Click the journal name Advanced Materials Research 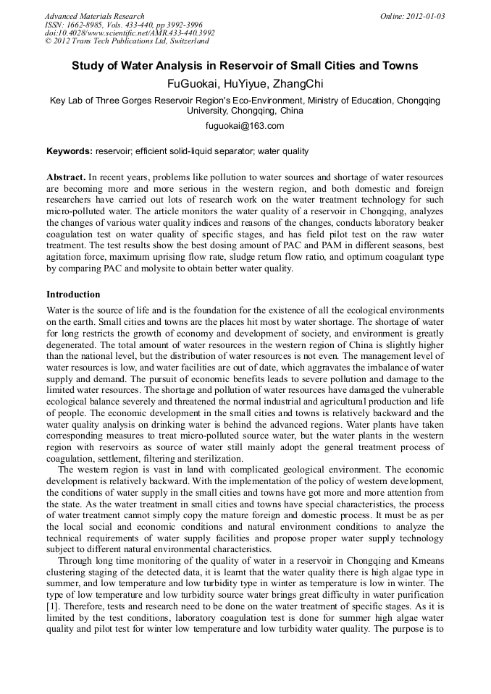click(x=94, y=16)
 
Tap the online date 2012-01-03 click(x=423, y=16)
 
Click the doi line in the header click(x=129, y=33)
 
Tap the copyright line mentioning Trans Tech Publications click(x=127, y=41)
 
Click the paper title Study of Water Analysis click(x=245, y=66)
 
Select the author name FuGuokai click(x=192, y=83)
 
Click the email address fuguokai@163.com click(x=245, y=126)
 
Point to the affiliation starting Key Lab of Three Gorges click(x=245, y=101)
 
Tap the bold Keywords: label click(x=70, y=151)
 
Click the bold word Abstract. click(x=66, y=177)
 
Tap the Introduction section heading click(x=73, y=295)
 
